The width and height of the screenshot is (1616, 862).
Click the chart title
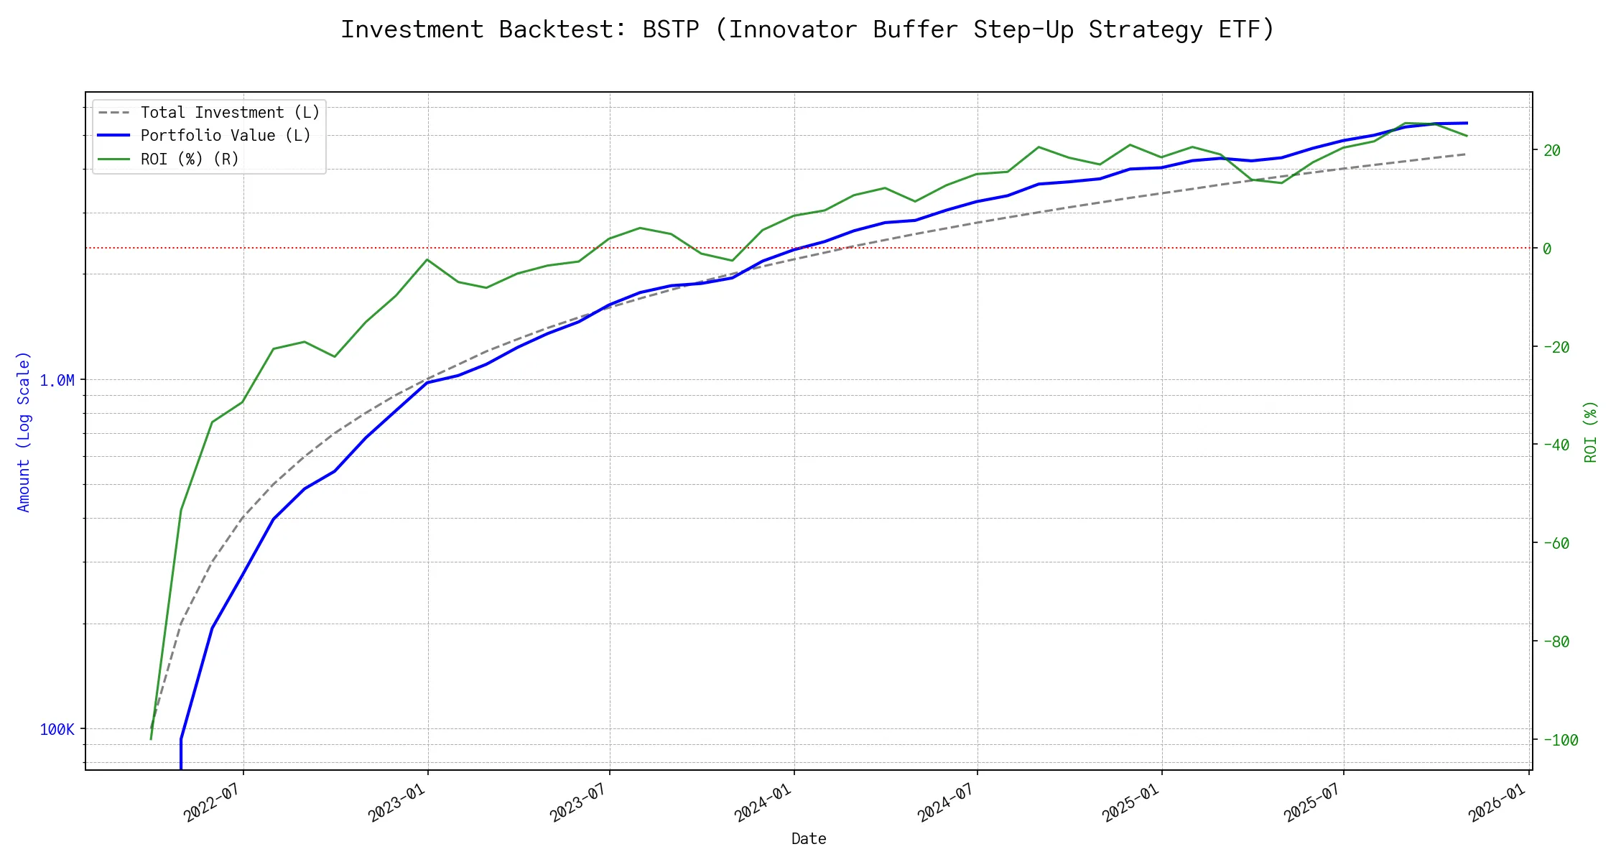pyautogui.click(x=807, y=29)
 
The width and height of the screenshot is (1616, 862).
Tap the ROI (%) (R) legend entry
pyautogui.click(x=190, y=159)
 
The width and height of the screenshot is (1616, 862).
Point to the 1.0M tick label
pyautogui.click(x=57, y=381)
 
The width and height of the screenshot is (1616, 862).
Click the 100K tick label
pyautogui.click(x=57, y=730)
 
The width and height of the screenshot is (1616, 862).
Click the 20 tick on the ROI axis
pyautogui.click(x=1552, y=151)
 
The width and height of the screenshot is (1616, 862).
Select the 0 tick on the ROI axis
pyautogui.click(x=1547, y=249)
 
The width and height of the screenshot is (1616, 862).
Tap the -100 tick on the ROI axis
pyautogui.click(x=1560, y=740)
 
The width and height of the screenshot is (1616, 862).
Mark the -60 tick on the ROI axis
pyautogui.click(x=1556, y=544)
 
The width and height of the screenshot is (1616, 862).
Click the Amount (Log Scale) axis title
pyautogui.click(x=24, y=431)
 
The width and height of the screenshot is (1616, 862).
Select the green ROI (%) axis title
pyautogui.click(x=1591, y=431)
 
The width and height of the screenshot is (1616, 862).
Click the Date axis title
pyautogui.click(x=809, y=839)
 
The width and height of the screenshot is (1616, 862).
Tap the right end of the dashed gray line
pyautogui.click(x=1465, y=154)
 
